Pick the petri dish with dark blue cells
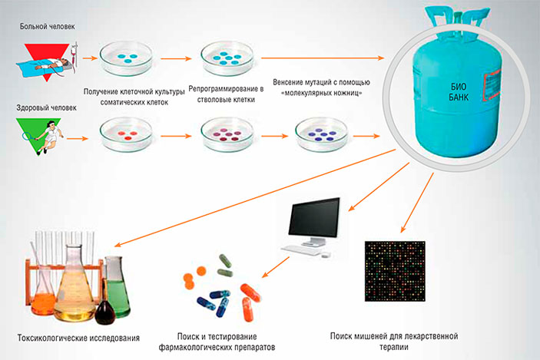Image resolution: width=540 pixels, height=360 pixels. click(322, 135)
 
